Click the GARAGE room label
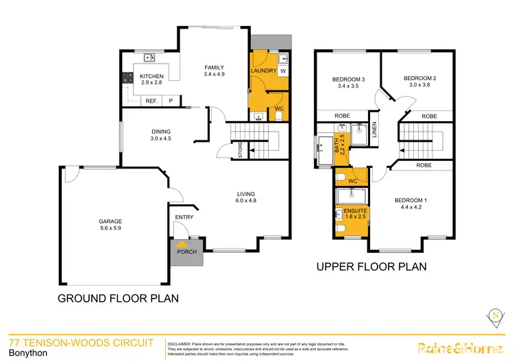(x=110, y=221)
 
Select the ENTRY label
(x=184, y=217)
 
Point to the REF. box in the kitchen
(x=152, y=101)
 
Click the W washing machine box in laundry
(x=283, y=71)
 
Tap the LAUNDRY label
(x=263, y=71)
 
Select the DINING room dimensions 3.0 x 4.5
(x=162, y=139)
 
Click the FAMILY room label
(x=215, y=66)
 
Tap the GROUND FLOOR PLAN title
(x=118, y=298)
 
